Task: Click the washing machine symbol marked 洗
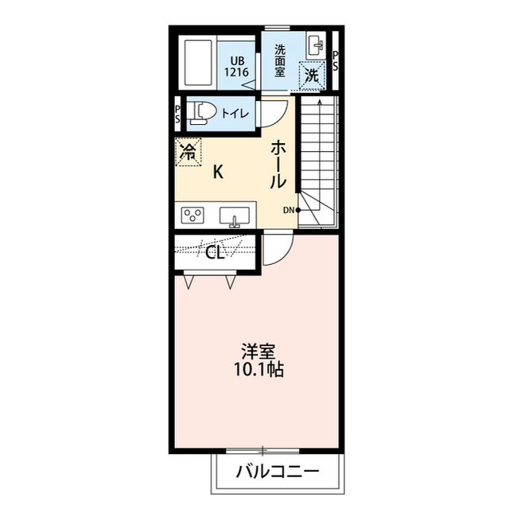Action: [313, 76]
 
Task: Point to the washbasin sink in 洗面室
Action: [313, 45]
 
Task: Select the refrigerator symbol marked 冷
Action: [188, 151]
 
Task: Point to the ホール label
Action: [278, 165]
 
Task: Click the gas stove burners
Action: [193, 216]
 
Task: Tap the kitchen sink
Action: [235, 216]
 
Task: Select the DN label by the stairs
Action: [289, 210]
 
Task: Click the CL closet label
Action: [214, 254]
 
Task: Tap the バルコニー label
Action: [277, 472]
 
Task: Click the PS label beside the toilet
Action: [178, 114]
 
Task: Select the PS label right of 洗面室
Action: [336, 61]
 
